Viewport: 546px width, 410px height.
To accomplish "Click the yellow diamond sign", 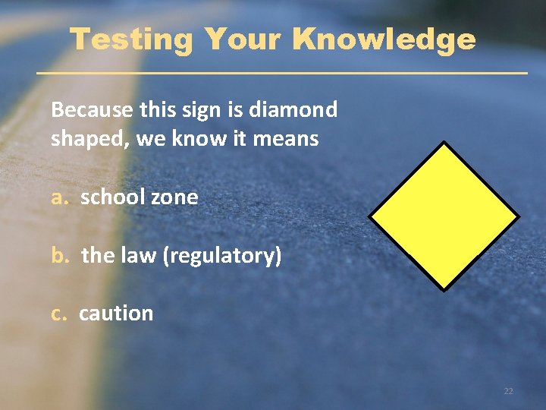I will pos(444,216).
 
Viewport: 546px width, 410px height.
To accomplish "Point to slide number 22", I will pos(508,391).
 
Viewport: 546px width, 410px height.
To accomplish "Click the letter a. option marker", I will pos(61,197).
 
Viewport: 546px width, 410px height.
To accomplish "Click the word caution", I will pos(116,313).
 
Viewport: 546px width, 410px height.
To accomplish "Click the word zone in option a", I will pos(174,197).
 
